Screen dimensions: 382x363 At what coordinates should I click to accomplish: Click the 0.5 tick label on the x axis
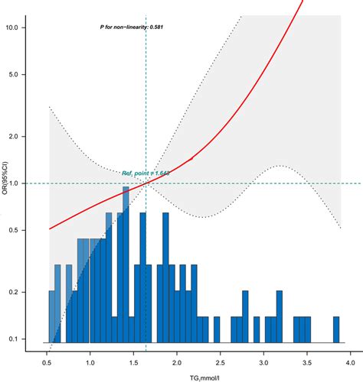pos(47,354)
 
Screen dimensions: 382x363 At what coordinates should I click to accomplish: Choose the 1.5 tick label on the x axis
pos(133,354)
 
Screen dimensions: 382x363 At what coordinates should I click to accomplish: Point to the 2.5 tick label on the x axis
pos(220,354)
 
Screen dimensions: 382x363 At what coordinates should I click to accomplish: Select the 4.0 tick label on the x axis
pos(349,354)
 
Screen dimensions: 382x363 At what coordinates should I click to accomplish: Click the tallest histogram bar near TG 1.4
pos(125,267)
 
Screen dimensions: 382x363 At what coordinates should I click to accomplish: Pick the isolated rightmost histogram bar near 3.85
pos(336,329)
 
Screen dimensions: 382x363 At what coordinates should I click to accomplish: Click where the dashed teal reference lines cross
pos(146,183)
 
